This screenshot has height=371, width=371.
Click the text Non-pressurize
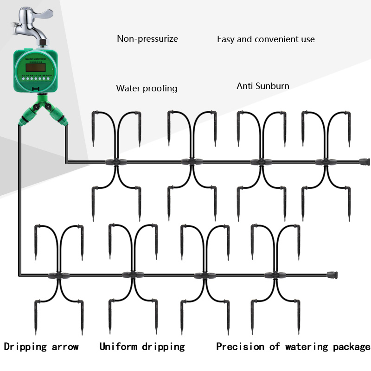[x=147, y=39]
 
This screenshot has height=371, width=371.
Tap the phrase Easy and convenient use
[x=266, y=39]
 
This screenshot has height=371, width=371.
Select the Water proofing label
[x=147, y=88]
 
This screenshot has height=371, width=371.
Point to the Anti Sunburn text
[x=262, y=86]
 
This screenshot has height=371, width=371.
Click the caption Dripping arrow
[x=41, y=346]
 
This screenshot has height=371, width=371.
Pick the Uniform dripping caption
[x=142, y=346]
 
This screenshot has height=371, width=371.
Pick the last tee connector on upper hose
[x=325, y=162]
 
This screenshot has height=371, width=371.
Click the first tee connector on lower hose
[x=58, y=275]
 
